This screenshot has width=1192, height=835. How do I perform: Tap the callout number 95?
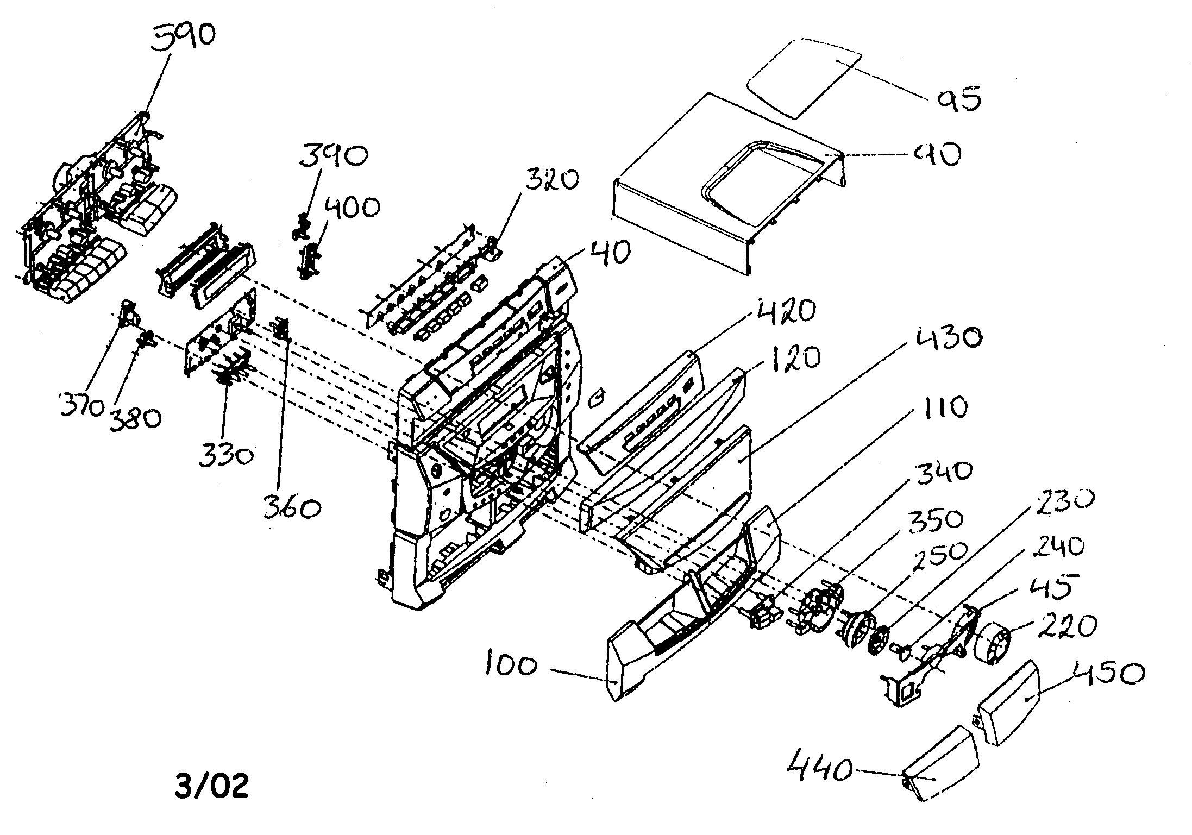958,99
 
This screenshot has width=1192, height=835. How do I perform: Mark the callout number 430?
948,338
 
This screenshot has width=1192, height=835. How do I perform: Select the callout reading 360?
292,508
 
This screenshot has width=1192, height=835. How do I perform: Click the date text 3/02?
212,786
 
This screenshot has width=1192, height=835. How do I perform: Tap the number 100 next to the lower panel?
510,666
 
